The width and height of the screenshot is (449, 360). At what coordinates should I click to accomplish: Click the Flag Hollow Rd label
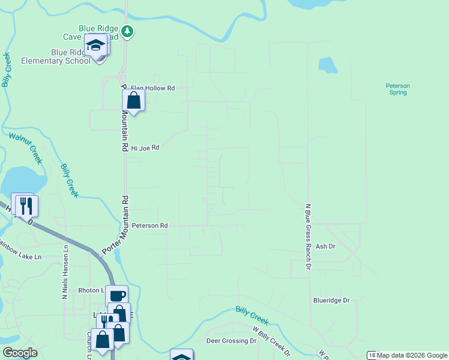[152, 88]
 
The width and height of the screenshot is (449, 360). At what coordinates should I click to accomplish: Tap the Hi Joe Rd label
[145, 147]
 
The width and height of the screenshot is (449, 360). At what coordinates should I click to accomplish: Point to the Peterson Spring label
[397, 89]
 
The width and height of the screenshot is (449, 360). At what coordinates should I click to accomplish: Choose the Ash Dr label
[325, 246]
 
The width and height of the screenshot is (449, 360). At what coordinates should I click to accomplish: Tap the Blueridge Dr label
[331, 300]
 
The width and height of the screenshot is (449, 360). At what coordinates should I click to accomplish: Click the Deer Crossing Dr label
[231, 341]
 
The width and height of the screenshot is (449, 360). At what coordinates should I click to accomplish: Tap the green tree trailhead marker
[127, 31]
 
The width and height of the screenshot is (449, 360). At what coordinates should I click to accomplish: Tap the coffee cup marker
[117, 295]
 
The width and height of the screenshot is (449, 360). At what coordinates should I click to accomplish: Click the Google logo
[20, 353]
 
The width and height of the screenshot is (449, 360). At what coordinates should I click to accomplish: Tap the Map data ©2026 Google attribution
[412, 355]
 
